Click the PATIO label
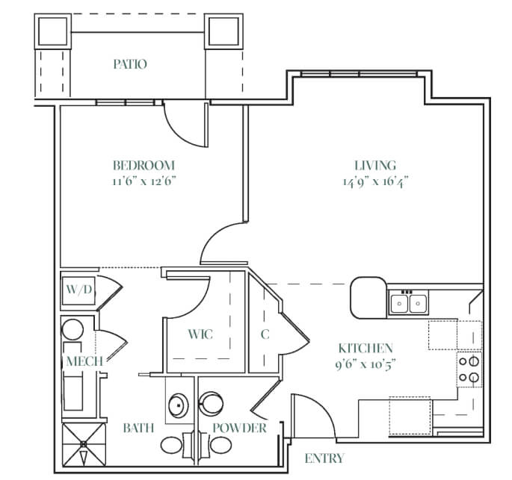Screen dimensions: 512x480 (130, 64)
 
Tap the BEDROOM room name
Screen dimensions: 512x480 (144, 166)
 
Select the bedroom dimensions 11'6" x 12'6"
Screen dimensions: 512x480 (144, 181)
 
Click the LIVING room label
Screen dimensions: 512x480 (375, 166)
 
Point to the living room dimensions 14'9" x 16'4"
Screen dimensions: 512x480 (375, 181)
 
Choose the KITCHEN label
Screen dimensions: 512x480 (366, 349)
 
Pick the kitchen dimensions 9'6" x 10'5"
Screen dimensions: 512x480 (366, 364)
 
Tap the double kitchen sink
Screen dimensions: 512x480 (409, 303)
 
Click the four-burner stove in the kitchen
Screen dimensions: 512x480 (469, 370)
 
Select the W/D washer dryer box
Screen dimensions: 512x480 (78, 291)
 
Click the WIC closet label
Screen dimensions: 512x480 (200, 334)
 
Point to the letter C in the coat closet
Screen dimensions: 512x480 (265, 334)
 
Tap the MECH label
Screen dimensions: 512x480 (84, 361)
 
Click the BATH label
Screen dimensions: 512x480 (138, 428)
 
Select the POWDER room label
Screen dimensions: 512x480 (240, 428)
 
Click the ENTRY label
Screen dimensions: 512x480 (324, 458)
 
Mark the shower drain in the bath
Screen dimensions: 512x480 (83, 444)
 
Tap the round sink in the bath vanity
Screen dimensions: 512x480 (179, 405)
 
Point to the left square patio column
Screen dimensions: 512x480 (53, 31)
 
